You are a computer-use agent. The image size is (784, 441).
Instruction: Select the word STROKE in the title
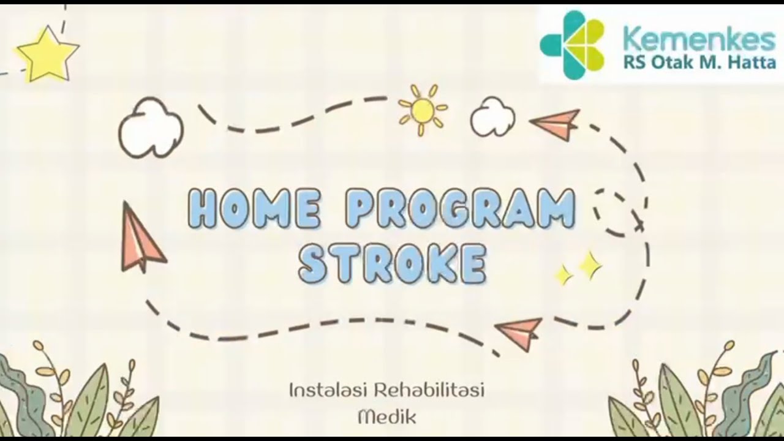tap(392, 263)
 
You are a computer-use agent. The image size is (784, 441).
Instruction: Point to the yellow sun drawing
tap(423, 110)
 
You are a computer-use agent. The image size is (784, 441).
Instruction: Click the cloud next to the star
tap(149, 127)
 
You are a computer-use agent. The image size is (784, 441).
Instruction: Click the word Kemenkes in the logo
tap(698, 40)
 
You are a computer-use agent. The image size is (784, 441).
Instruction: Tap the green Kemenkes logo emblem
tap(572, 45)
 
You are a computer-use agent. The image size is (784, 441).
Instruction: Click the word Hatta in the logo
tap(753, 62)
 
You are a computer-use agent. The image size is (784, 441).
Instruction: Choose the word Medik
tap(386, 418)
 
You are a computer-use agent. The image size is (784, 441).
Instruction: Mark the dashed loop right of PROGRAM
tap(617, 212)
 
